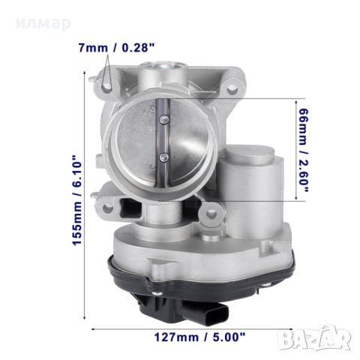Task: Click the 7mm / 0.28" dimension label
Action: coord(116,47)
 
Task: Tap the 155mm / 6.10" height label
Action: coord(77,200)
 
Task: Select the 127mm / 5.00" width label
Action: coord(199,337)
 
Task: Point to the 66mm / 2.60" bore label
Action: coord(303,150)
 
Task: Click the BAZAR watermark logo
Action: coord(314,337)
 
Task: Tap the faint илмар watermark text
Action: coord(43,23)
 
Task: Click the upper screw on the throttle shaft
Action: coord(164,119)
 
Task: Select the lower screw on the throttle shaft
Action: coord(164,157)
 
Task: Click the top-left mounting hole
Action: coord(106,86)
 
